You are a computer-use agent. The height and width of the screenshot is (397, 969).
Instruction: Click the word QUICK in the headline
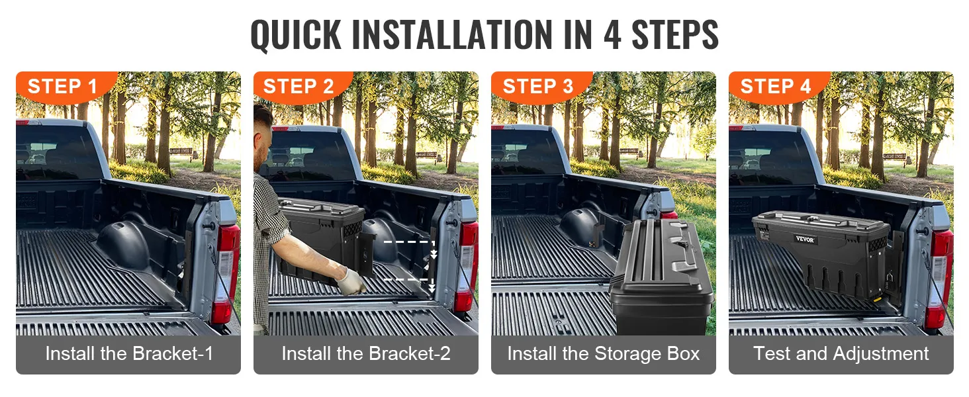(x=296, y=35)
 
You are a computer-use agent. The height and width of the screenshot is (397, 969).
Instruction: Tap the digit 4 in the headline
(x=612, y=34)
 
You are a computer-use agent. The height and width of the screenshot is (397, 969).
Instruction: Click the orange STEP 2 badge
(x=303, y=87)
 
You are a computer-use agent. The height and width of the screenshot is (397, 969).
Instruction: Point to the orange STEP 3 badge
(x=541, y=87)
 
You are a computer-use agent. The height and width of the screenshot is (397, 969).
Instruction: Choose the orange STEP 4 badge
(x=778, y=87)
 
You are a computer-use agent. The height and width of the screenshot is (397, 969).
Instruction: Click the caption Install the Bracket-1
(x=129, y=354)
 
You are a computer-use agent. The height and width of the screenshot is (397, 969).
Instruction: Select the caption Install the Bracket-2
(x=366, y=354)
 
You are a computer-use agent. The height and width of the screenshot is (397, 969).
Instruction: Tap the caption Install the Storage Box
(x=604, y=354)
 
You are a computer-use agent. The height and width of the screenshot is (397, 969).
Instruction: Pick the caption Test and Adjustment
(x=841, y=354)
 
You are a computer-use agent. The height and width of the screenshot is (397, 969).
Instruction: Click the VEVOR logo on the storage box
(x=805, y=239)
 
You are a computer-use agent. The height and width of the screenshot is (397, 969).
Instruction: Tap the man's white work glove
(x=350, y=281)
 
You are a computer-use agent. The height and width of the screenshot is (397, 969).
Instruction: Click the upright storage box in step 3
(x=662, y=277)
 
